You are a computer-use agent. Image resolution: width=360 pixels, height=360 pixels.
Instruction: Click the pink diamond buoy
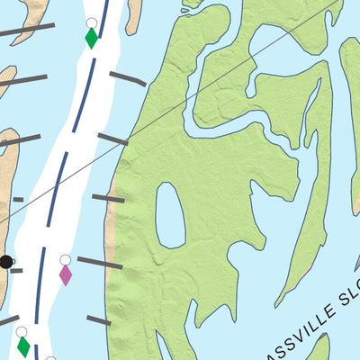(65, 274)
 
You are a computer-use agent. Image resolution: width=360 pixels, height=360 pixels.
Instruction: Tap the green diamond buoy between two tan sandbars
(91, 38)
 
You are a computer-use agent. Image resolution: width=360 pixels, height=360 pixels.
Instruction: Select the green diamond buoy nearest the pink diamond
(22, 346)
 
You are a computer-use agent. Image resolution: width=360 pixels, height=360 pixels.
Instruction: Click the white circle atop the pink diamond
(65, 260)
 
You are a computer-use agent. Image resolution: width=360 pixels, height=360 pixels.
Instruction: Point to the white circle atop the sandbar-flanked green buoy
(91, 22)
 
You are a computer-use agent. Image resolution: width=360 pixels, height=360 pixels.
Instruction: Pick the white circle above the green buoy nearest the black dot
(21, 332)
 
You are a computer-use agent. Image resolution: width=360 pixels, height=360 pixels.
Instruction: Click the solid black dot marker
(5, 262)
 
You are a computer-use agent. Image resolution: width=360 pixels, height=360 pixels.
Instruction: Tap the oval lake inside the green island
(170, 215)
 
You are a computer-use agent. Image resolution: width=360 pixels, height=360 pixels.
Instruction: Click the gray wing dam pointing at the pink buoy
(100, 263)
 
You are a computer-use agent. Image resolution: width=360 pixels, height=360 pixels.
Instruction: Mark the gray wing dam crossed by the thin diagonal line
(113, 139)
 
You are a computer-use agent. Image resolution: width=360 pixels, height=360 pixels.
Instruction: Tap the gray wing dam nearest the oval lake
(108, 198)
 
